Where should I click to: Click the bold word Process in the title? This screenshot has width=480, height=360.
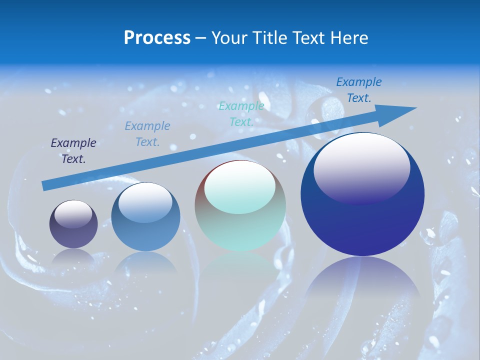(x=157, y=38)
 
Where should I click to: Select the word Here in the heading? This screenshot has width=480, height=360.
(x=349, y=38)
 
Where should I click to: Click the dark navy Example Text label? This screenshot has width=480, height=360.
(x=73, y=151)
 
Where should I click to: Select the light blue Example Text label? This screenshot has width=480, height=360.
(x=147, y=134)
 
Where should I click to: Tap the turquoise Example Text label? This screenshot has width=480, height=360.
(x=241, y=114)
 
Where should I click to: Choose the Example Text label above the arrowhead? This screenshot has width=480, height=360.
(x=359, y=90)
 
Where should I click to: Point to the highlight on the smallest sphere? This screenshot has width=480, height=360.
(x=73, y=214)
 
